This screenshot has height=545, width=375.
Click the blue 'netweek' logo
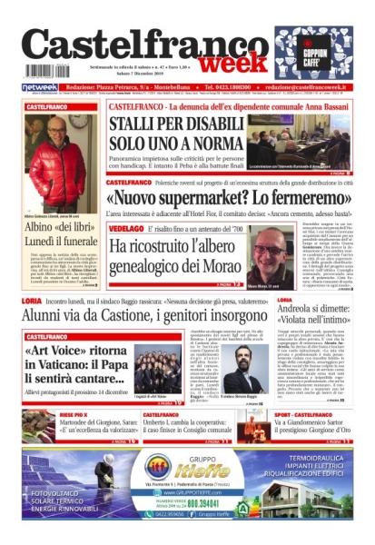[x=40, y=87]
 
